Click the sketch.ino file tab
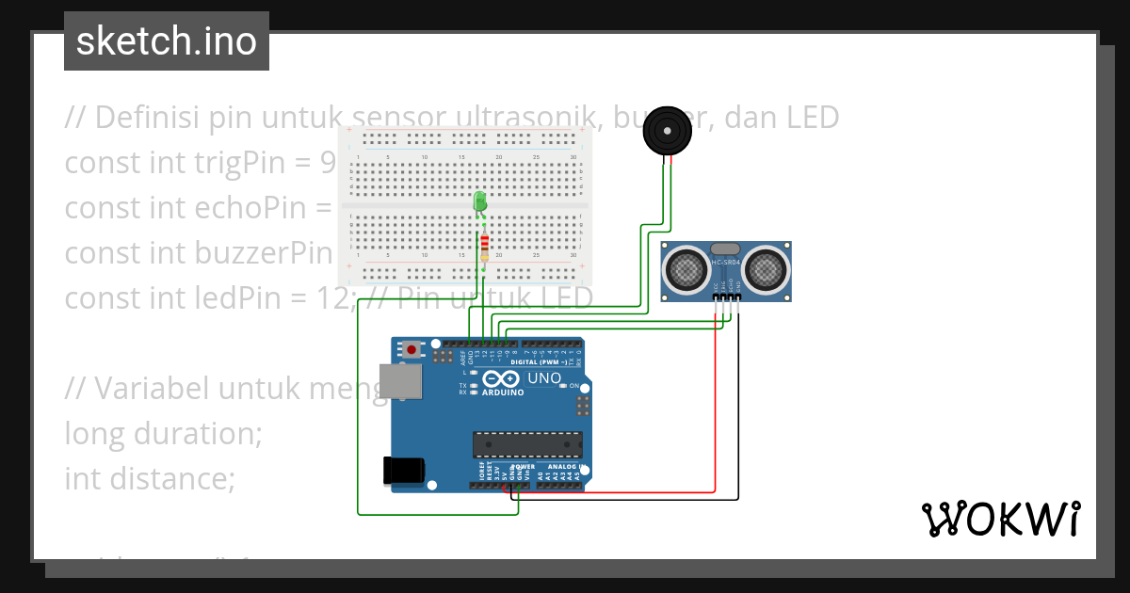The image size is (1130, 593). pos(167,41)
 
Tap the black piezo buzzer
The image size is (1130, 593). pos(668,131)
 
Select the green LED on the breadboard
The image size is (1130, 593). pos(480,201)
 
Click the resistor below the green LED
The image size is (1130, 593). pos(484,244)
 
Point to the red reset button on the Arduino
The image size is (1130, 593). pos(412,349)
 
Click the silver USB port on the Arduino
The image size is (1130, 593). pos(399,381)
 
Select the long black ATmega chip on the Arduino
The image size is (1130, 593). pos(526,444)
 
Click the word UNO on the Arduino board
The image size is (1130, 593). pos(543,378)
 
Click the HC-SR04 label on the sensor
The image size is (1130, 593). pos(727,263)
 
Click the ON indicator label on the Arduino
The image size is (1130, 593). pos(574,386)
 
